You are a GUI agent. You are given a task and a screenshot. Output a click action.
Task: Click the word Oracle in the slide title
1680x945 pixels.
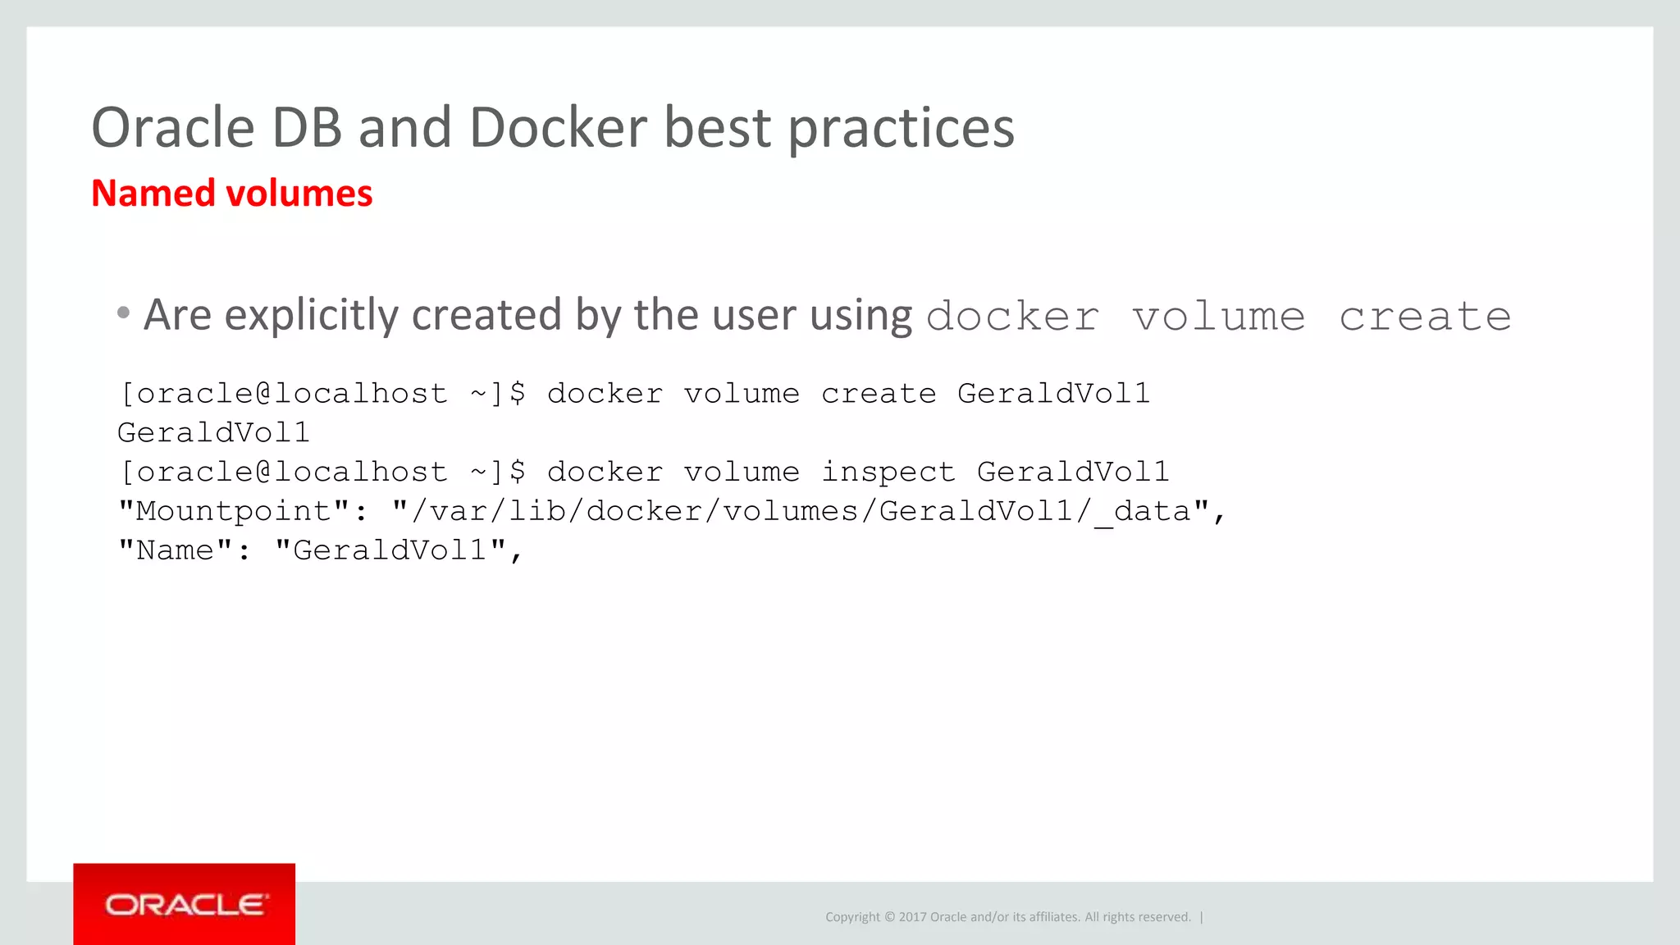click(173, 128)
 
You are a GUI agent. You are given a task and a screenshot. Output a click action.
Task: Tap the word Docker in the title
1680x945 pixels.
click(559, 128)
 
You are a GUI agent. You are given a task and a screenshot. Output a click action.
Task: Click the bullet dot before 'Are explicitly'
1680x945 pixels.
click(123, 313)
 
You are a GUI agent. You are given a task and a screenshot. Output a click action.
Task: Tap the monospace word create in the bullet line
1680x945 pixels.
click(1425, 317)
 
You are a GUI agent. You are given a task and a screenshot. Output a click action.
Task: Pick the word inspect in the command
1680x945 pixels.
click(888, 472)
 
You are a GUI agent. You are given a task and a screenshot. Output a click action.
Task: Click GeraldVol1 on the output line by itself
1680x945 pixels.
click(213, 432)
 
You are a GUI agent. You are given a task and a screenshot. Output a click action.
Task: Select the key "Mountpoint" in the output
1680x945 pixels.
click(235, 511)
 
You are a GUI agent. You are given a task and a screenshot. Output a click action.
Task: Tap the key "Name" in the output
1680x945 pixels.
click(176, 550)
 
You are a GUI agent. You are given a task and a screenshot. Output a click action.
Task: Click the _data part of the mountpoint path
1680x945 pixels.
click(1141, 512)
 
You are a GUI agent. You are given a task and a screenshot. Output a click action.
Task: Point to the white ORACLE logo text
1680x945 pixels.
click(185, 905)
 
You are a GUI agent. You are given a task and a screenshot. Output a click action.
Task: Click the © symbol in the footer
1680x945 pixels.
click(889, 917)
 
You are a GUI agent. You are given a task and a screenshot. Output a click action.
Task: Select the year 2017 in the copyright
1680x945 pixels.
click(912, 917)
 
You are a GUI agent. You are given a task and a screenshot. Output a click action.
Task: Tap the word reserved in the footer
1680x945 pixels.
click(1162, 917)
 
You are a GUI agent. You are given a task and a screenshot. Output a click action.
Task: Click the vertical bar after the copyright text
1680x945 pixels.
click(1202, 917)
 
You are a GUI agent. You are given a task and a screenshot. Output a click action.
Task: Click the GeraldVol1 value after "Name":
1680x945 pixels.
click(390, 550)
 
